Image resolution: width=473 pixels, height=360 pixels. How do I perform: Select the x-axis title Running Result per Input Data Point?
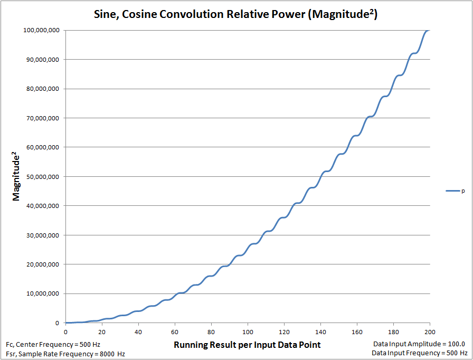pyautogui.click(x=247, y=345)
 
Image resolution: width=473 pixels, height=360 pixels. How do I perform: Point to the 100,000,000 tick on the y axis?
pyautogui.click(x=42, y=30)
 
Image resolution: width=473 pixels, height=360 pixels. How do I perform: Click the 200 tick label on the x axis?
pyautogui.click(x=430, y=331)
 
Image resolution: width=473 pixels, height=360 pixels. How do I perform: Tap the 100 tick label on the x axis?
pyautogui.click(x=247, y=331)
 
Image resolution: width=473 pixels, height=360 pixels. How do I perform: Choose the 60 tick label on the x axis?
pyautogui.click(x=175, y=331)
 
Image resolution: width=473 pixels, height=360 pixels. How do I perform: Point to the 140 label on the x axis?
pyautogui.click(x=320, y=331)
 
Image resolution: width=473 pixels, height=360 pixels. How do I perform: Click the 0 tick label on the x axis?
pyautogui.click(x=65, y=331)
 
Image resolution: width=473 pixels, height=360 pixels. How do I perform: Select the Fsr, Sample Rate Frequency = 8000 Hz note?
pyautogui.click(x=65, y=353)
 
